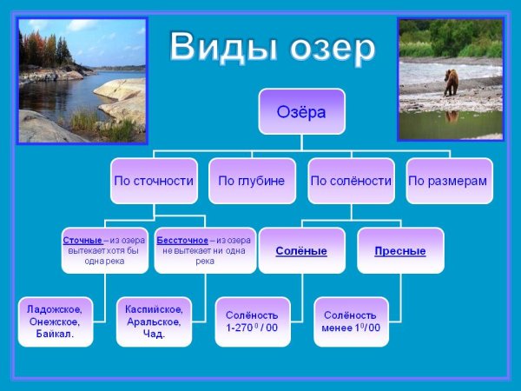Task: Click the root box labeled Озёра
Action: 301,110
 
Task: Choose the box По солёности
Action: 351,181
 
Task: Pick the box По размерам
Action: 448,181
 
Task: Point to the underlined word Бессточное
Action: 181,239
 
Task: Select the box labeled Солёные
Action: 301,251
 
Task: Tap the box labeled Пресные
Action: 399,251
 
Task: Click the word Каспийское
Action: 154,309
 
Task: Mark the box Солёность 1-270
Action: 252,321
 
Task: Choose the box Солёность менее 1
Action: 351,321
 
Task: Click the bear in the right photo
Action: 451,82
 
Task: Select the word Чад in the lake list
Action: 154,333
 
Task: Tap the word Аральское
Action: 154,321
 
